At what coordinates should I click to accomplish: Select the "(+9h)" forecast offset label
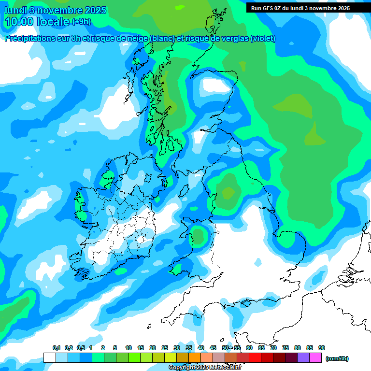coord(81,22)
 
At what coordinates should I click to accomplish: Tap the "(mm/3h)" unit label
coord(337,358)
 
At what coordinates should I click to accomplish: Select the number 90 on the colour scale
coord(322,348)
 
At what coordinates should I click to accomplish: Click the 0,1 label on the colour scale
coord(57,348)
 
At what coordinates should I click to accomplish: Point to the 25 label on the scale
coord(165,348)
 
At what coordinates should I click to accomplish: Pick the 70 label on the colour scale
coord(273,348)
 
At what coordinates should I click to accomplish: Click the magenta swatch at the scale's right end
coord(315,357)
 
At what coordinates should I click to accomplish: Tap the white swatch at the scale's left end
coord(49,357)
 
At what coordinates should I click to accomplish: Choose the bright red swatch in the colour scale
coord(255,357)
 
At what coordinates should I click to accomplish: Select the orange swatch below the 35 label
coord(194,357)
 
